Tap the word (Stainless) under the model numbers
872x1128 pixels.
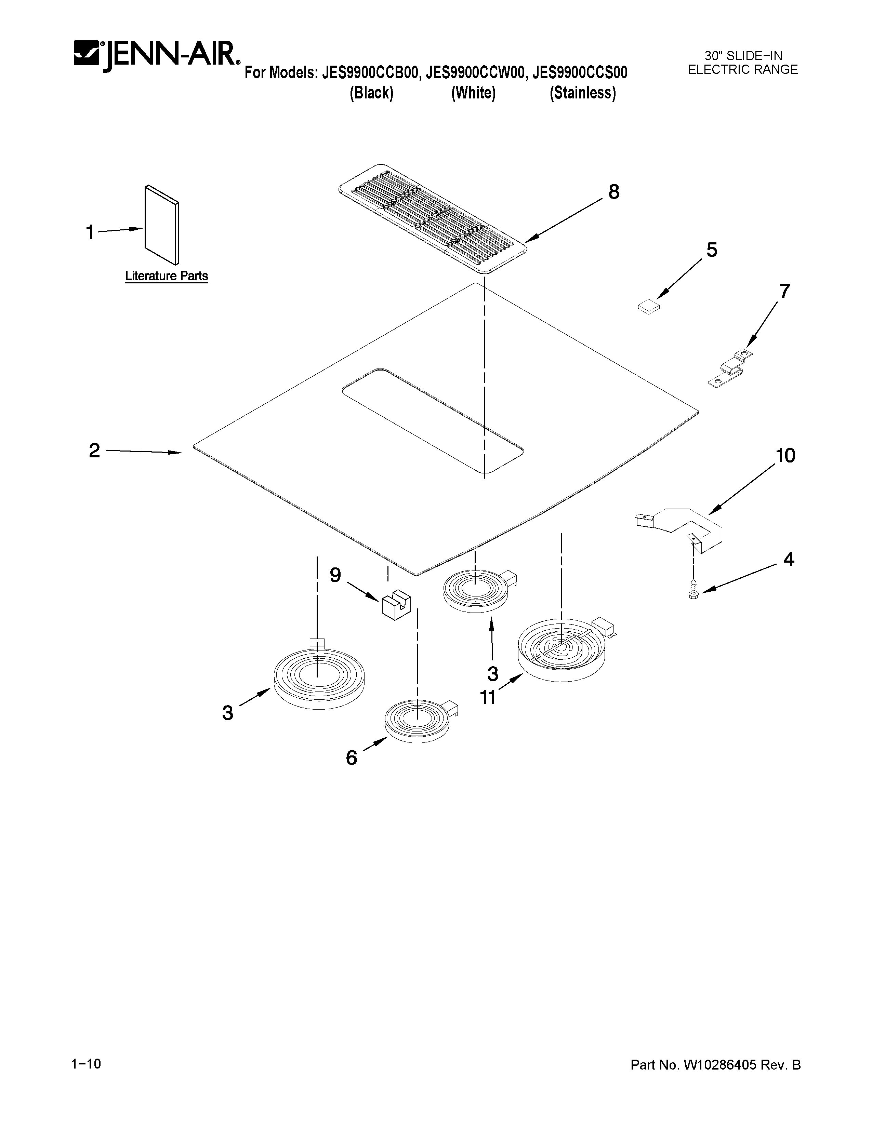click(x=583, y=93)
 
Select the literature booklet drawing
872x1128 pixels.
click(x=162, y=224)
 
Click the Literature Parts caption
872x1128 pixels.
click(x=166, y=276)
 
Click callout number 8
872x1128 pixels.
click(x=613, y=192)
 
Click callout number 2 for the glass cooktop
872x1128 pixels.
click(x=94, y=451)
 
